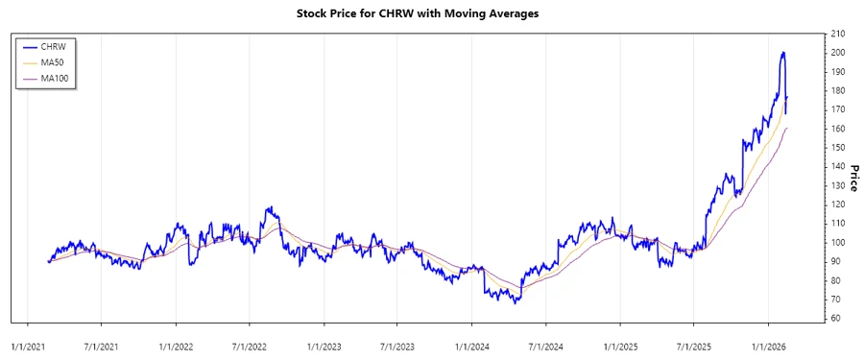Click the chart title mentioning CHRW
(431, 15)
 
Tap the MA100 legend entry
(59, 77)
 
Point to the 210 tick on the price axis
(839, 34)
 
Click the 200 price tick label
(839, 53)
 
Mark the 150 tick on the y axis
(839, 147)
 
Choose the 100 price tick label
(839, 242)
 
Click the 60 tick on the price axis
(837, 318)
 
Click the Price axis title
(854, 174)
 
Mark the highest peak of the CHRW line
(783, 52)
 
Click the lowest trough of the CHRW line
(516, 303)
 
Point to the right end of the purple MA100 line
(787, 128)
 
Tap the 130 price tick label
(839, 185)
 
